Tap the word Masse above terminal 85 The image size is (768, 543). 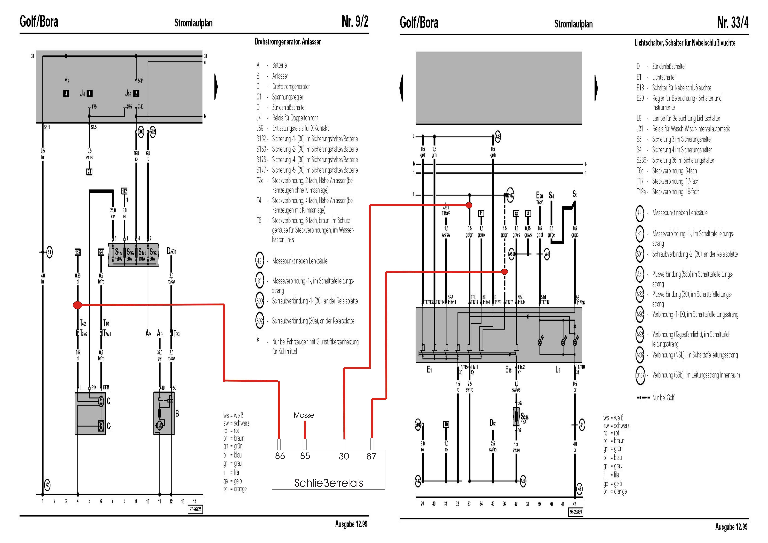click(x=304, y=415)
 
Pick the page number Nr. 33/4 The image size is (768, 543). click(x=733, y=22)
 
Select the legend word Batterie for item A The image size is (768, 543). click(x=279, y=65)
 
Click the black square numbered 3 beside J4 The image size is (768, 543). click(x=66, y=94)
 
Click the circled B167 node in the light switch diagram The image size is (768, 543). click(x=510, y=196)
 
